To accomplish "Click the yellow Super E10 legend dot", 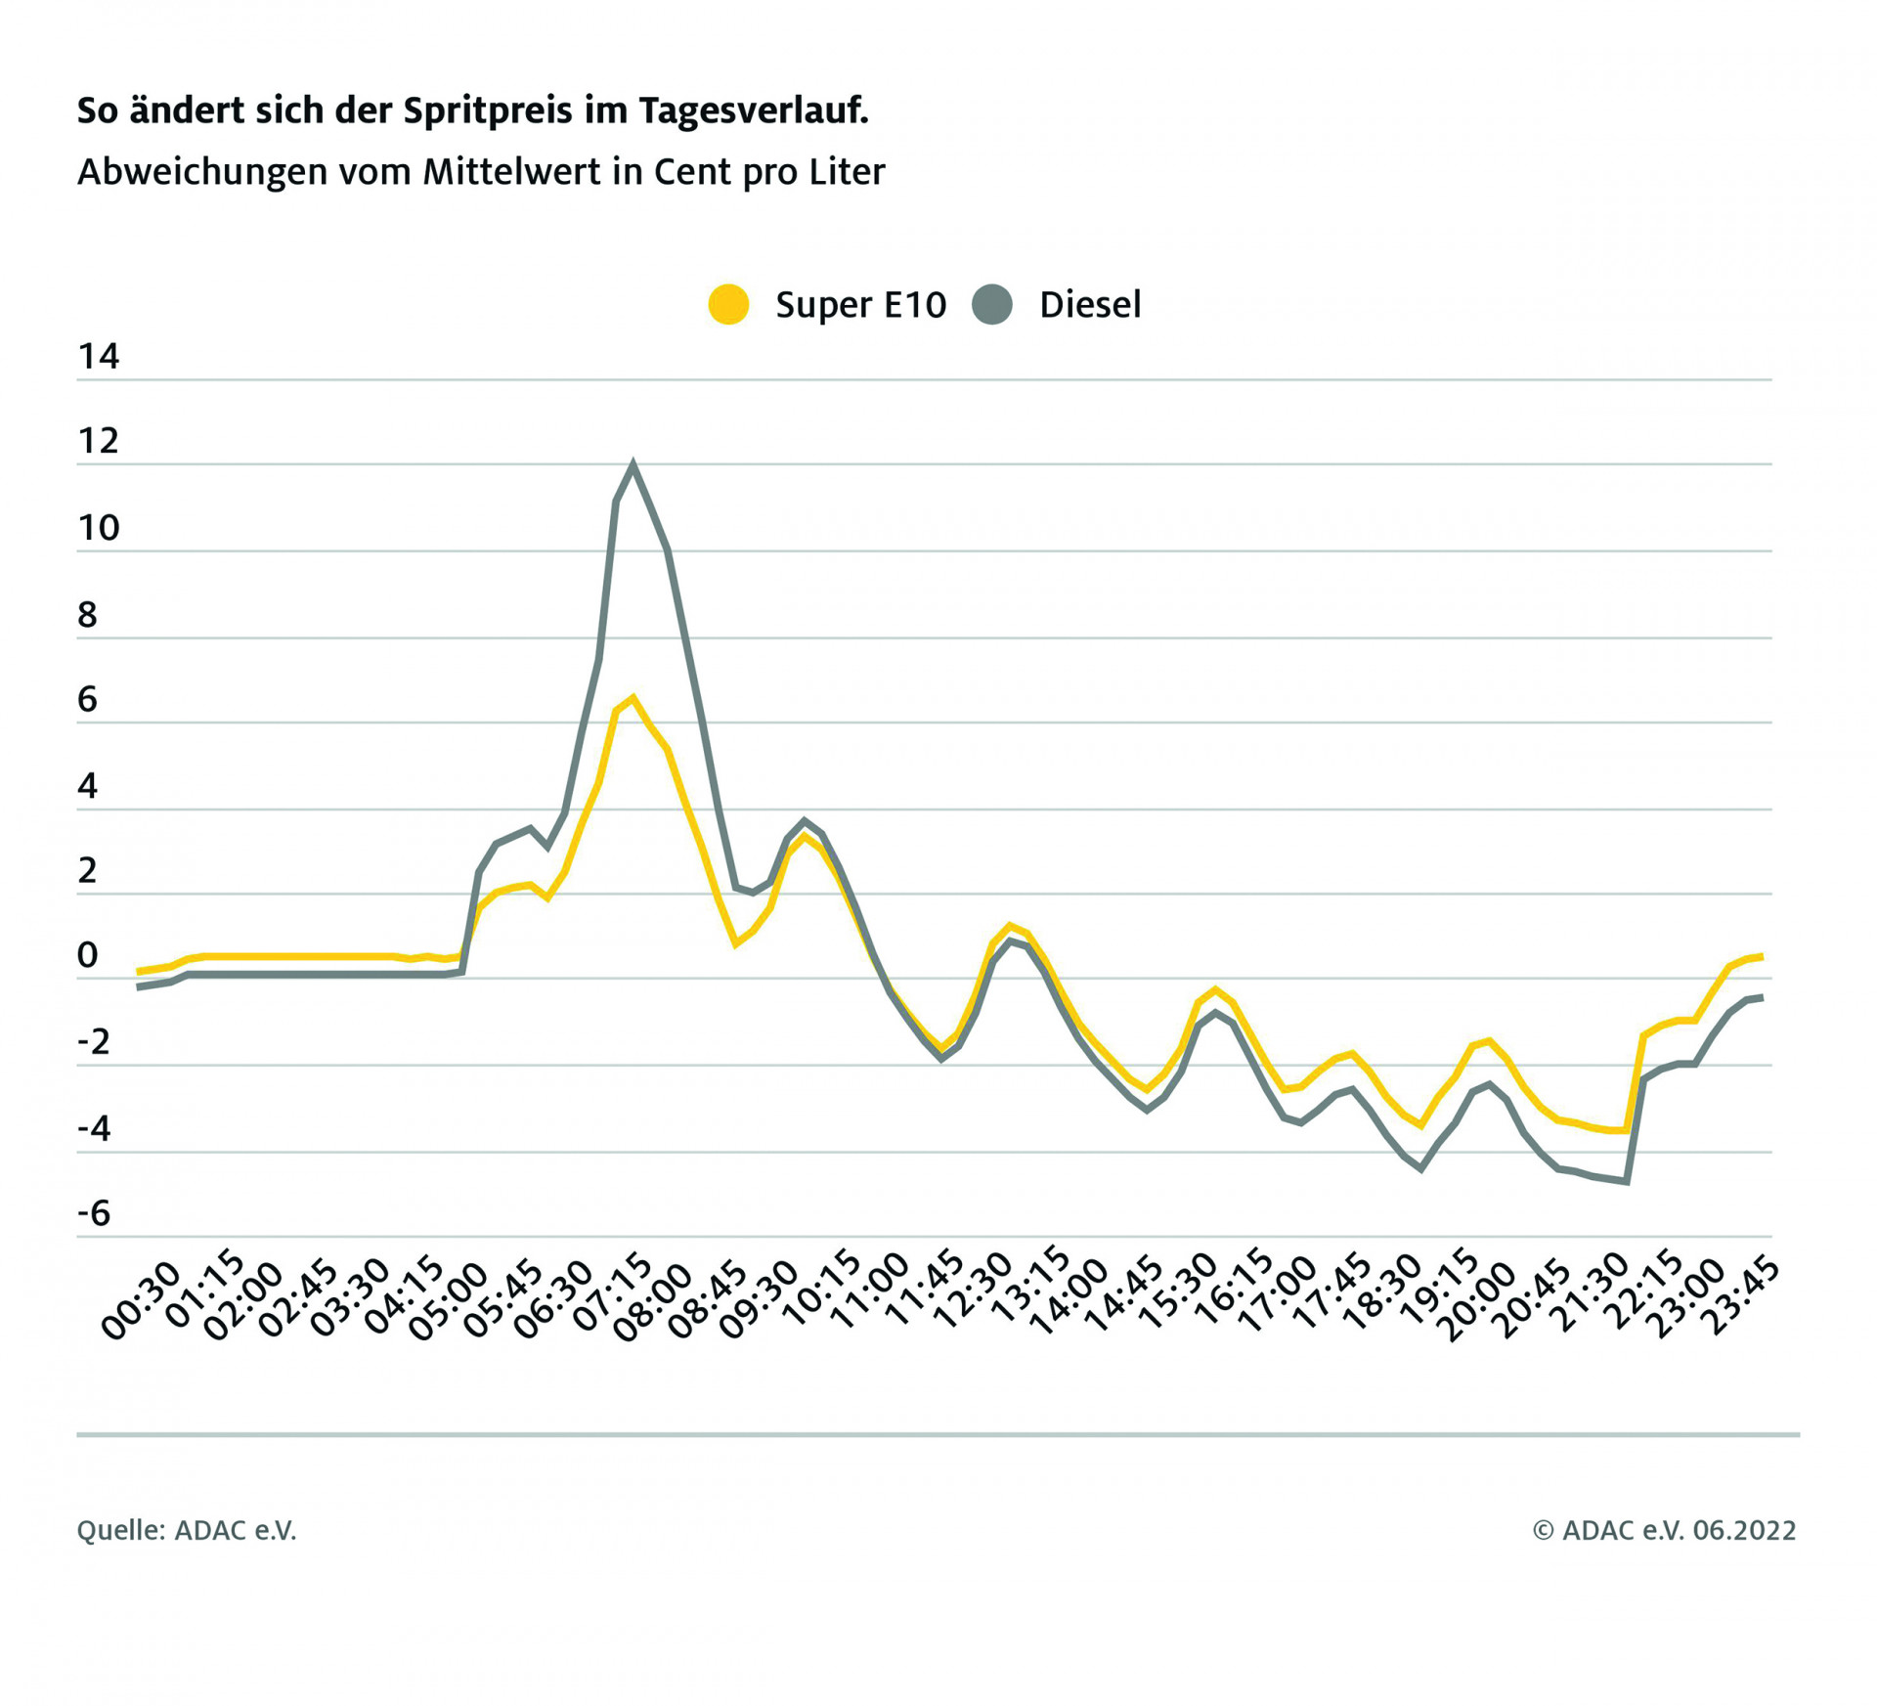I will coord(728,304).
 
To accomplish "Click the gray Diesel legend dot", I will coord(992,304).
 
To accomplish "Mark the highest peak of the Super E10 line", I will coord(633,698).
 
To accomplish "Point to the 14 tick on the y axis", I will coord(98,357).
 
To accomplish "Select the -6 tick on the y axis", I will coord(94,1213).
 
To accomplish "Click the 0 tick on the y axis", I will coord(88,955).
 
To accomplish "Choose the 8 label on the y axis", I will coord(88,615).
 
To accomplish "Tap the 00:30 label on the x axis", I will coord(143,1299).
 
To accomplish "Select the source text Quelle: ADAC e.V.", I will coord(186,1530).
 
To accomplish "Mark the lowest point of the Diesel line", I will coord(1627,1182).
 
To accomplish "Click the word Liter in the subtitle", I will coord(847,172).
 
